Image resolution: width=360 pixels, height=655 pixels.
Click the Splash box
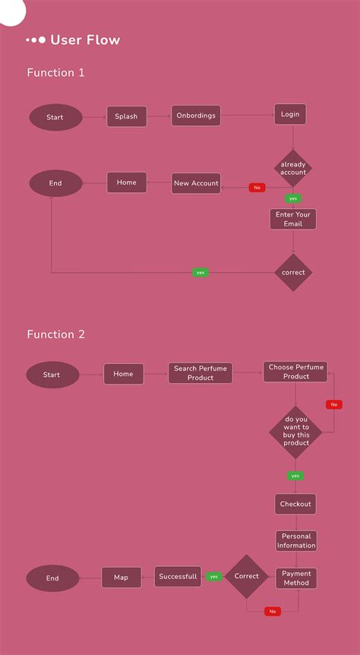coord(126,116)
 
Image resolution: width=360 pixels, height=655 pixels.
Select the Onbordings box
coord(196,115)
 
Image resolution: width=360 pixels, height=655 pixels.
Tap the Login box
coord(290,114)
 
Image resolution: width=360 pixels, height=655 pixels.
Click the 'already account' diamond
coord(293,168)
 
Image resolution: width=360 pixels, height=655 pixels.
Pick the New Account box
coord(196,183)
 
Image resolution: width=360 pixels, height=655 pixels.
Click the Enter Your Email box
coord(293,219)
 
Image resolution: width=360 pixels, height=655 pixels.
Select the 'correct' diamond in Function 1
coord(293,272)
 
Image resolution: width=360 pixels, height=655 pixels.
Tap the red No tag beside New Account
coord(257,188)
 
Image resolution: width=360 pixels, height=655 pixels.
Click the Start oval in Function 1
coord(55,117)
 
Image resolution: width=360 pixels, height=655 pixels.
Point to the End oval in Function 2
coord(52,578)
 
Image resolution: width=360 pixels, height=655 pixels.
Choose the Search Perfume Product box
coord(201,373)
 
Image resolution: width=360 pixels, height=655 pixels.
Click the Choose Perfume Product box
coord(296,372)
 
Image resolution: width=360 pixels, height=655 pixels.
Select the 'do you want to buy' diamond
coord(296,432)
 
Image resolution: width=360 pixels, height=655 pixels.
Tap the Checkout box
coord(295,504)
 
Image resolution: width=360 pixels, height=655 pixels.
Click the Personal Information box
coord(296,540)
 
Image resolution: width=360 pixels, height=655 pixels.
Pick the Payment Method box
coord(296,578)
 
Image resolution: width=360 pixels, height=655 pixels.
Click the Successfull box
coord(178,577)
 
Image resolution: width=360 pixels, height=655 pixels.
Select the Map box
coord(122,577)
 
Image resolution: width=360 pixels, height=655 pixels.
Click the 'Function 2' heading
coord(56,334)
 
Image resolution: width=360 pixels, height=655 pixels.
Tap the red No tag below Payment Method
coord(272,611)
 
